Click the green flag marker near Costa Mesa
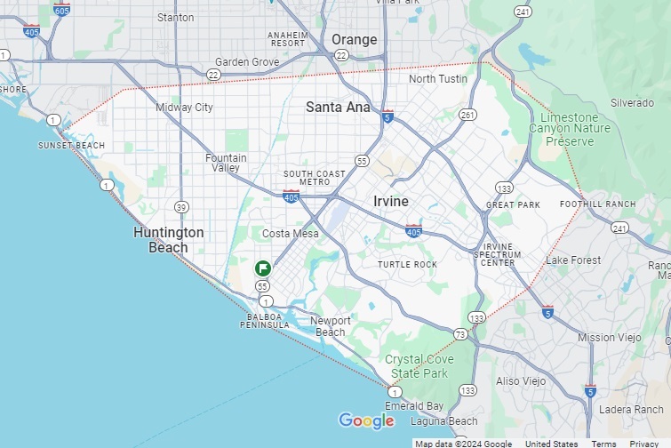tap(263, 268)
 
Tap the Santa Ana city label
tap(338, 107)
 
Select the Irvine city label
tap(391, 201)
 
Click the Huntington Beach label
tap(169, 240)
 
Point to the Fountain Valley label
tap(226, 163)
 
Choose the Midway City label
tap(185, 108)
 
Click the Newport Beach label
tap(331, 326)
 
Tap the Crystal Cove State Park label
tap(419, 365)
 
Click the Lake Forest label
tap(573, 260)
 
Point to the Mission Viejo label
tap(609, 338)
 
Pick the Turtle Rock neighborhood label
tap(407, 265)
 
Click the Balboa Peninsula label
tap(265, 321)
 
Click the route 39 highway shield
tap(181, 207)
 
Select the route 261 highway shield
tap(467, 115)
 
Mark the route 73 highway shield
tap(460, 334)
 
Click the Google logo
tap(366, 420)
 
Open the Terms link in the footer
tap(603, 444)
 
